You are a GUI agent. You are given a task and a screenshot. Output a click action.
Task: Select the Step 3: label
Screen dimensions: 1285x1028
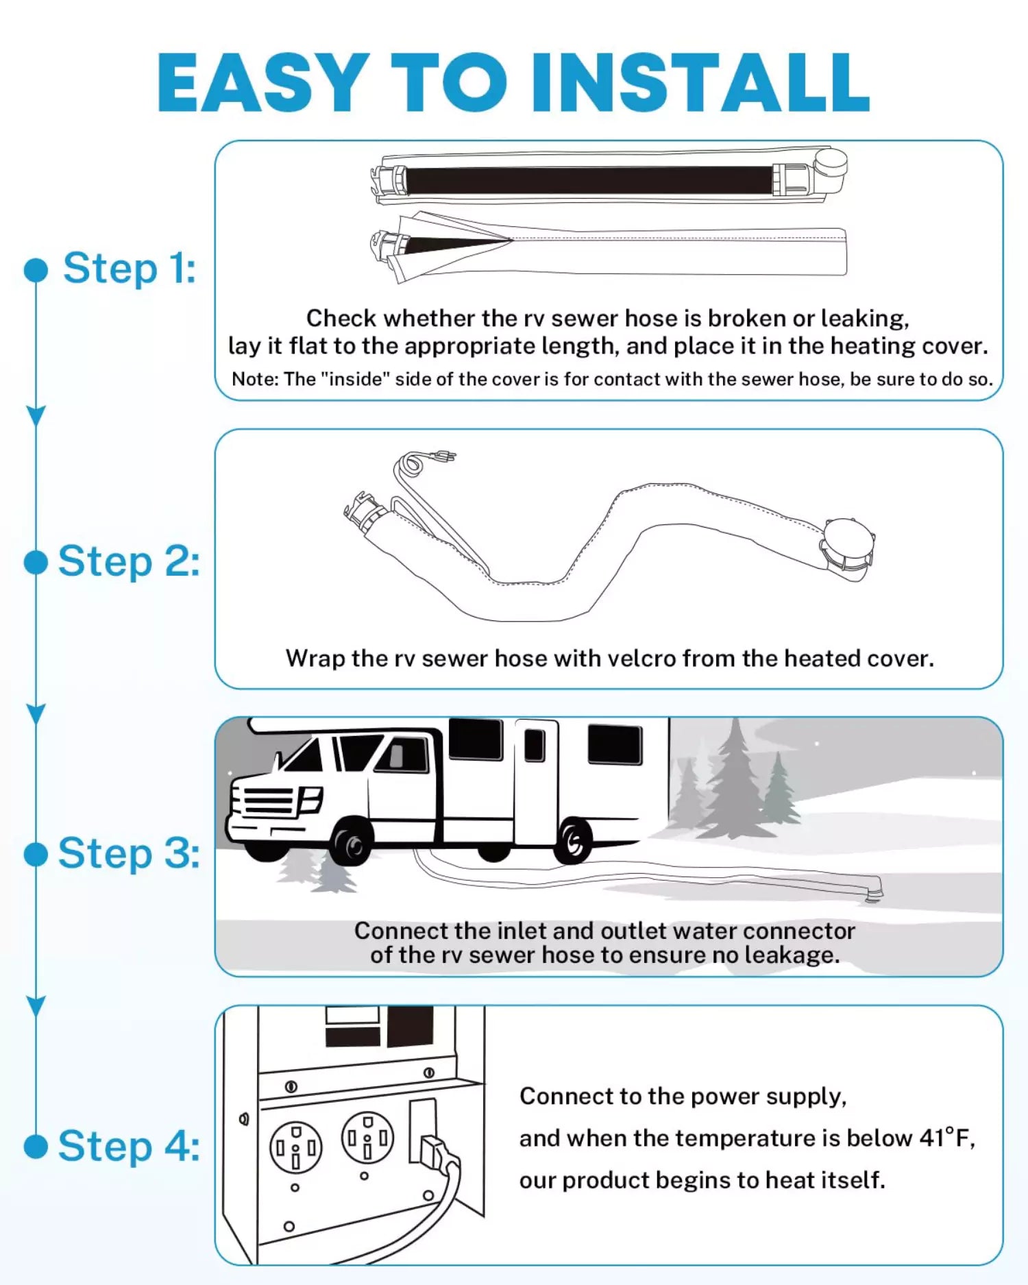129,853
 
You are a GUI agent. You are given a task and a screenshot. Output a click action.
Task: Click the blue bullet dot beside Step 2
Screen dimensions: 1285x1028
36,562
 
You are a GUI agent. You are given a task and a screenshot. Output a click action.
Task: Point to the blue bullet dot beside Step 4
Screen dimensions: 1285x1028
36,1146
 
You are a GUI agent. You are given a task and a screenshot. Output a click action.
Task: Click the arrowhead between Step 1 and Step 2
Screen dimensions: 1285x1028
36,415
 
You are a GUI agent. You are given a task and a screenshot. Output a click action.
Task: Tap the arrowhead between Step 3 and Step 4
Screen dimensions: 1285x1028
36,1005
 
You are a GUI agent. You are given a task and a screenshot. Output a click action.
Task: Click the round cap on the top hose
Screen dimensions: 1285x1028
830,164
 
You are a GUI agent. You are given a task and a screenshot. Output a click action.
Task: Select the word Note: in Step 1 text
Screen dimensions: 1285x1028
254,379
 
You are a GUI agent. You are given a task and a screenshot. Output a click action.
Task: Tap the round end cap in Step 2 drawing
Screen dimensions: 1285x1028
848,541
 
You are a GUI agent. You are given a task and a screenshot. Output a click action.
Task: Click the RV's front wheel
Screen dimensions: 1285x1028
352,844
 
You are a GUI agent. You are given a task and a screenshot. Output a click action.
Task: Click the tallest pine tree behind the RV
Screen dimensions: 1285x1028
735,781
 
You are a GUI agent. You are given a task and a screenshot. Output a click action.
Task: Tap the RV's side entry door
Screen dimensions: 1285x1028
535,781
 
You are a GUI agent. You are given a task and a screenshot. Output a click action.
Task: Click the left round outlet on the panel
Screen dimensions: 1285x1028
295,1147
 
